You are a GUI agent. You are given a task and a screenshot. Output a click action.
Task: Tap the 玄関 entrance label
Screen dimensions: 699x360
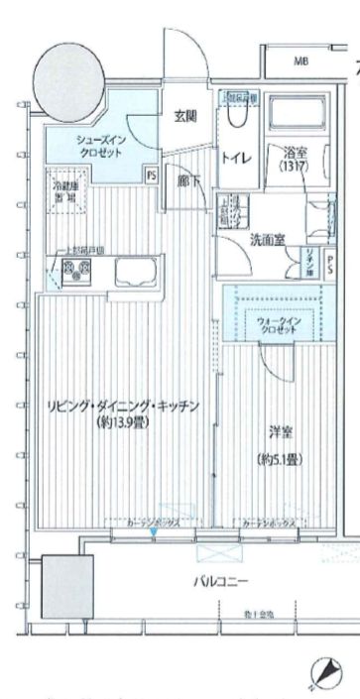(185, 116)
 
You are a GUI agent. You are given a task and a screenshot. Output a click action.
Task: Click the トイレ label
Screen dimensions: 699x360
(235, 158)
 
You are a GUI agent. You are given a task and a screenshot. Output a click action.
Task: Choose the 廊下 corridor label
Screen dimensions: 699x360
(185, 181)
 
